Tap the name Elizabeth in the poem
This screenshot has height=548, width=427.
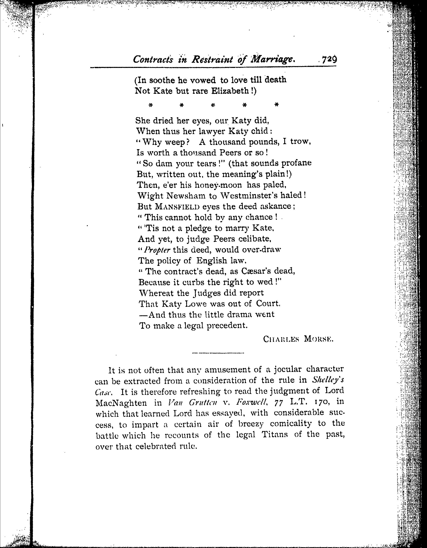click(231, 91)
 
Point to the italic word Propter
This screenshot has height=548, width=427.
click(157, 250)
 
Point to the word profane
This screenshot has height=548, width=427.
click(296, 163)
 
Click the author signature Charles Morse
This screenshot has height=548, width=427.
click(298, 339)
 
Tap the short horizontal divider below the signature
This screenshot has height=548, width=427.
click(218, 353)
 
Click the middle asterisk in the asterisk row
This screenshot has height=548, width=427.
click(213, 105)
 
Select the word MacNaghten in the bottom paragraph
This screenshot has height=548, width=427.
click(121, 403)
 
